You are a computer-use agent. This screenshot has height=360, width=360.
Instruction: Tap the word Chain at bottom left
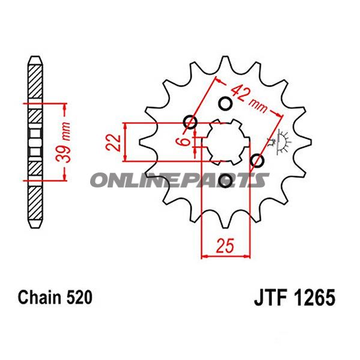(39, 298)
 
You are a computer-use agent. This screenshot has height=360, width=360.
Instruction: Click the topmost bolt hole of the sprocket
(226, 104)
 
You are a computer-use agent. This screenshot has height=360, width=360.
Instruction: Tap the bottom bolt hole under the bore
(226, 181)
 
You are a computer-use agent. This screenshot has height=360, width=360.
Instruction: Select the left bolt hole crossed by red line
(191, 123)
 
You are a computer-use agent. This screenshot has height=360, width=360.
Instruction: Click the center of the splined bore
(225, 142)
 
